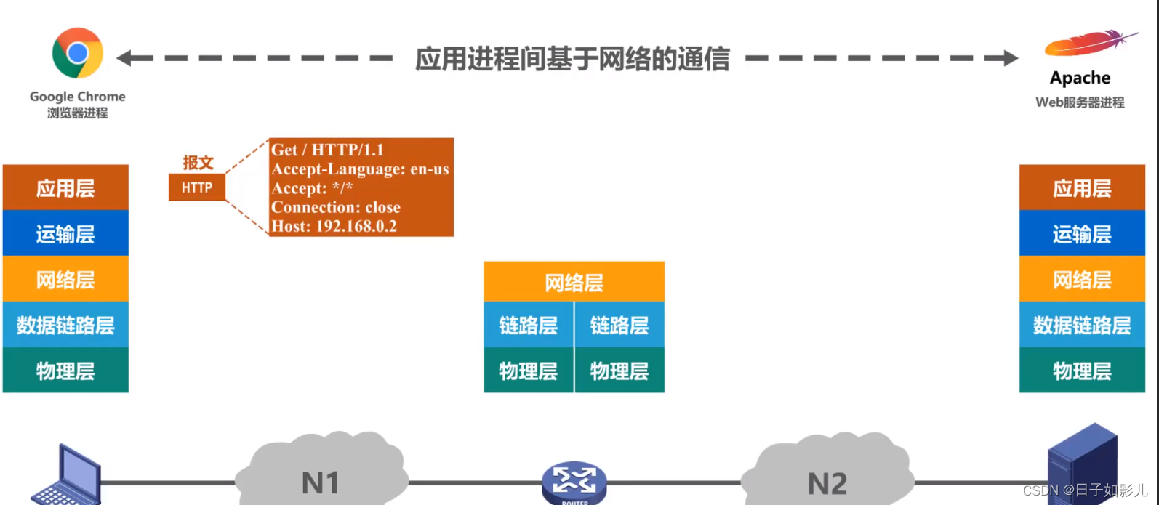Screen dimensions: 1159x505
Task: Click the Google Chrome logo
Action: coord(78,53)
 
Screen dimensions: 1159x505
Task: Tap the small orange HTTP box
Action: coord(197,187)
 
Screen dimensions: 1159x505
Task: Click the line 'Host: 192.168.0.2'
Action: coord(334,226)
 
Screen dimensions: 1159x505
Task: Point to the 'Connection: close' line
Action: coord(336,207)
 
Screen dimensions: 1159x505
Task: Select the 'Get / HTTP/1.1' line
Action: coord(327,150)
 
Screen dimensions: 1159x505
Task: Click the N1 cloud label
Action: coord(321,482)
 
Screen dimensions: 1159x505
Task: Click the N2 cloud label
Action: coord(827,483)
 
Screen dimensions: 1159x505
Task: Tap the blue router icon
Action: coord(574,482)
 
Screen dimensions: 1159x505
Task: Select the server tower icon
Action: coord(1081,465)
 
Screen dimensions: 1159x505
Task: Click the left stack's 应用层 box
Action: coord(65,188)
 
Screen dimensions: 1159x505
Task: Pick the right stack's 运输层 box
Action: coord(1082,234)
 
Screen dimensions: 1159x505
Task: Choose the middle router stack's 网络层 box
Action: coord(574,282)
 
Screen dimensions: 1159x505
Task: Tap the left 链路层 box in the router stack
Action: coord(529,325)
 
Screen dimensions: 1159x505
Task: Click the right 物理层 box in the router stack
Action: coord(619,371)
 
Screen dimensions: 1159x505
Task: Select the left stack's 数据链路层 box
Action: coord(65,325)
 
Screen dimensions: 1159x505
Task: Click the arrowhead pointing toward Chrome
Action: coord(125,58)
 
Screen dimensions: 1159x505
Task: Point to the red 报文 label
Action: coord(198,162)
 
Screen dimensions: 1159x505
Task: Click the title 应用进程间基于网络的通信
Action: coord(572,59)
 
